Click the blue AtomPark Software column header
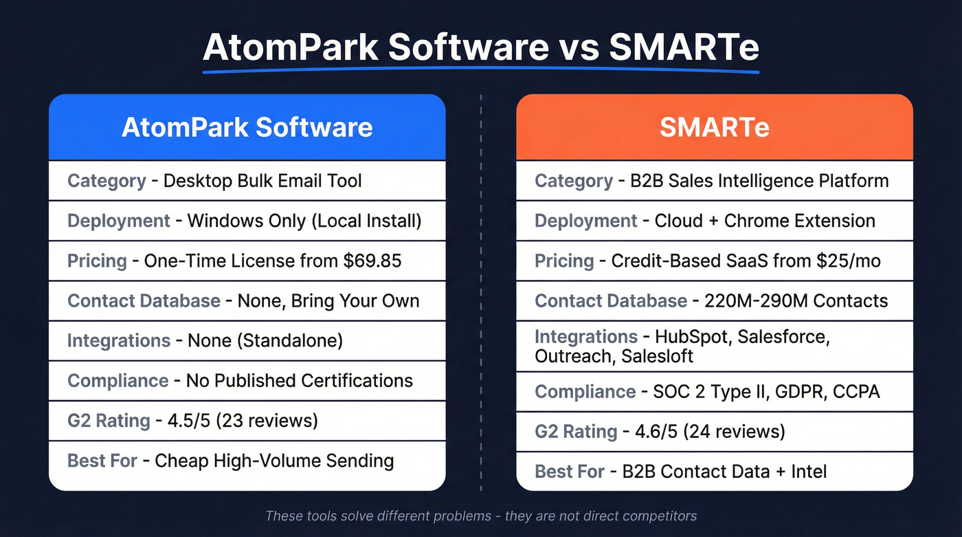pyautogui.click(x=247, y=128)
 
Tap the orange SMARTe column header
pyautogui.click(x=715, y=128)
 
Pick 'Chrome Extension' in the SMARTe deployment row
pyautogui.click(x=799, y=221)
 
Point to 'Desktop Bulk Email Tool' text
pyautogui.click(x=262, y=182)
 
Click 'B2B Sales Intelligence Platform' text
pyautogui.click(x=759, y=182)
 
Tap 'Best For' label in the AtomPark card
pyautogui.click(x=102, y=461)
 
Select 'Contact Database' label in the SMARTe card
pyautogui.click(x=611, y=301)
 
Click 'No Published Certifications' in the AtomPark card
pyautogui.click(x=300, y=381)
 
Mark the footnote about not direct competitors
pyautogui.click(x=481, y=516)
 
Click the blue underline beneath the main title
pyautogui.click(x=481, y=70)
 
